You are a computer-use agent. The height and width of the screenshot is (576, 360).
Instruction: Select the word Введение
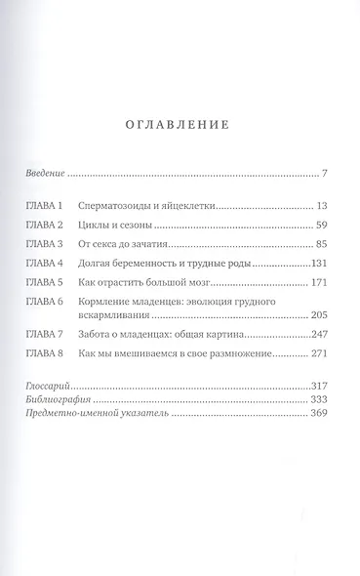(x=45, y=174)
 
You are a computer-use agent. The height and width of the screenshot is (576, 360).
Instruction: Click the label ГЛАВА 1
(x=44, y=208)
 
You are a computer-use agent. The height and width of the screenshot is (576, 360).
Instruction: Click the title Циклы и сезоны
(x=111, y=226)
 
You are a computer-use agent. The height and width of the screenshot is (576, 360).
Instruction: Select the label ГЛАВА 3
(x=44, y=244)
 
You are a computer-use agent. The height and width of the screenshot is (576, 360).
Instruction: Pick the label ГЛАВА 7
(x=44, y=334)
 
